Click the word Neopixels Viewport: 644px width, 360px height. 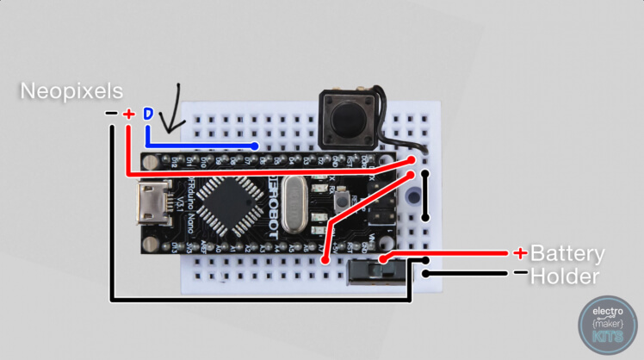tap(71, 91)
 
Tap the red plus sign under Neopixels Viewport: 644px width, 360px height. tap(128, 114)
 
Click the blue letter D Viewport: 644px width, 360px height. tap(147, 114)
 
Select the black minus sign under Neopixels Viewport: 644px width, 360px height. tap(111, 114)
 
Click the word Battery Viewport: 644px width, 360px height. tap(567, 254)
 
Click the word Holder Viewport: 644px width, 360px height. tap(564, 276)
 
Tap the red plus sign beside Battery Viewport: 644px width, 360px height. tap(520, 253)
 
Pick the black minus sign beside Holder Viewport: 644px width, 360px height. tap(520, 274)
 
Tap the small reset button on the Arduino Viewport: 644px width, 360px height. tap(344, 200)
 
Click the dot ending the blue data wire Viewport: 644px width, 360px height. tap(256, 145)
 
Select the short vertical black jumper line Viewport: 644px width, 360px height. tap(424, 196)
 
